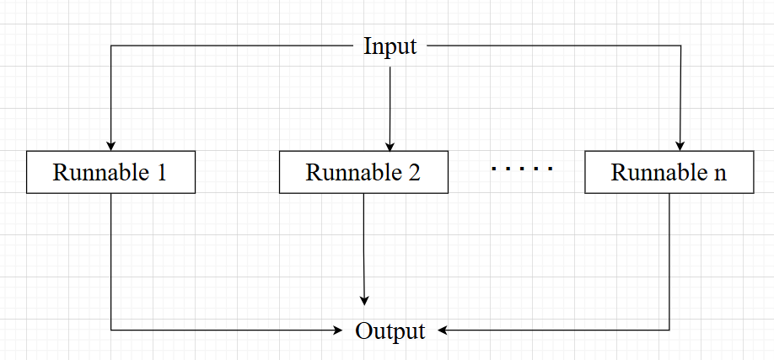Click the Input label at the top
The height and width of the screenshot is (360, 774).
tap(390, 46)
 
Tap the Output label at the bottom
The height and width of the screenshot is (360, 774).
tap(390, 330)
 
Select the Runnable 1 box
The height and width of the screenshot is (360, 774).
tap(110, 173)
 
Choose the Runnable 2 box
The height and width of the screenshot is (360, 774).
tap(363, 173)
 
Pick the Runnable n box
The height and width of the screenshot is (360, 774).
tap(669, 173)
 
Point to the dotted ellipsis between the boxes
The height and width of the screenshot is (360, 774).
tap(523, 169)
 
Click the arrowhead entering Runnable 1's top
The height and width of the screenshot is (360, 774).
tap(110, 146)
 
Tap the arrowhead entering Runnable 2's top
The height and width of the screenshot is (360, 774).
tap(390, 146)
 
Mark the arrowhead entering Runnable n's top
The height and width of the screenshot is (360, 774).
tap(680, 146)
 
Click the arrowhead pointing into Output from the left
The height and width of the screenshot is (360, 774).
tap(341, 330)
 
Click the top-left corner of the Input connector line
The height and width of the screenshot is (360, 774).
tap(110, 46)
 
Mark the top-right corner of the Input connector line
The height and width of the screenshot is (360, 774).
tap(680, 46)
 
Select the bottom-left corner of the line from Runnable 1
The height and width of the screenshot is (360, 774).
tap(110, 330)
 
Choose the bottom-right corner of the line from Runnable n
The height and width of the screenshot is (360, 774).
tap(669, 330)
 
